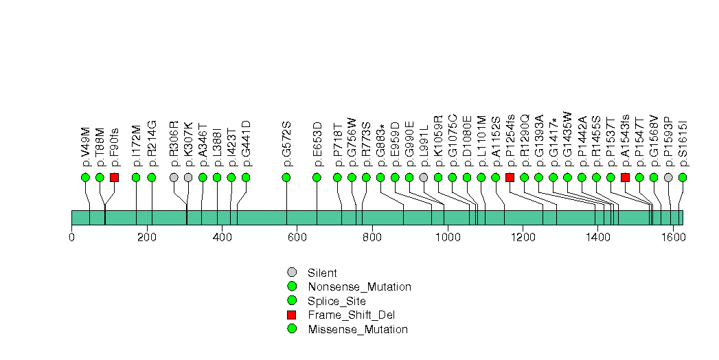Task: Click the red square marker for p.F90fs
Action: (x=114, y=177)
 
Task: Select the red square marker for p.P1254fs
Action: (x=510, y=177)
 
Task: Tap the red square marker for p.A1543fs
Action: (x=625, y=177)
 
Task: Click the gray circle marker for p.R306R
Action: (x=174, y=177)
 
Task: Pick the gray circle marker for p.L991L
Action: (x=424, y=177)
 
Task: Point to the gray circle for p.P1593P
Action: (x=669, y=177)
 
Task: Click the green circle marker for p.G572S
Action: (x=286, y=177)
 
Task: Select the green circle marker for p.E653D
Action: (x=317, y=177)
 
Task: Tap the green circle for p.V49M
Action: (x=85, y=177)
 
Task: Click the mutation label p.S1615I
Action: (x=683, y=144)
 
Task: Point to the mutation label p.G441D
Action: (x=247, y=143)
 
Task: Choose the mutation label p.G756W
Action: (x=352, y=142)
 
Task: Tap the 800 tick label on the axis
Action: (x=372, y=238)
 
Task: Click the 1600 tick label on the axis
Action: (x=673, y=238)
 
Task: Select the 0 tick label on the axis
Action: (x=71, y=238)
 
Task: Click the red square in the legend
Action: (x=292, y=315)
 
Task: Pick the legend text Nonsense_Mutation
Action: (x=360, y=287)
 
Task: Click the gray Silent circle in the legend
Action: (x=292, y=273)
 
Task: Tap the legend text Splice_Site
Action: (x=337, y=302)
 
